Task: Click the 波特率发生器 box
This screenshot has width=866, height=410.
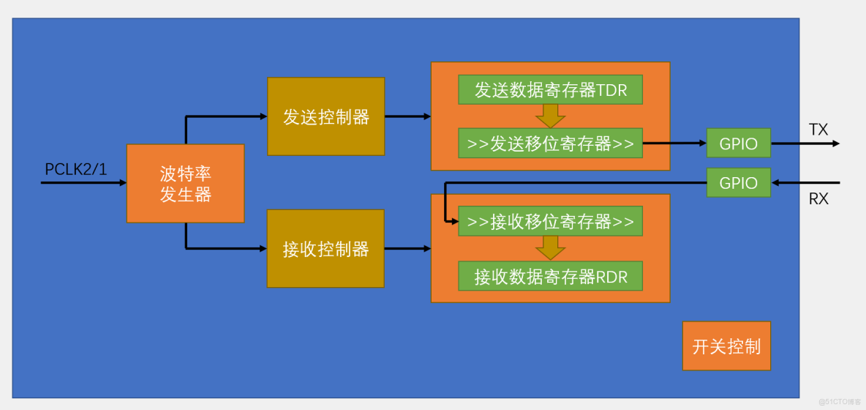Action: pyautogui.click(x=185, y=183)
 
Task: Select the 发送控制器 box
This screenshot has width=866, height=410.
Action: pyautogui.click(x=325, y=116)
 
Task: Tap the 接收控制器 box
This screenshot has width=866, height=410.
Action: pyautogui.click(x=325, y=249)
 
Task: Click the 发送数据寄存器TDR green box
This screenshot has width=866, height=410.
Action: pyautogui.click(x=550, y=90)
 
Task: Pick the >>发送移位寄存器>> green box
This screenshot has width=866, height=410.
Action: pyautogui.click(x=550, y=143)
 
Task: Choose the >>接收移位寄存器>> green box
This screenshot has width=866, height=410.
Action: pyautogui.click(x=550, y=221)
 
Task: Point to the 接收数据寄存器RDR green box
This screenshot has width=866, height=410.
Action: pyautogui.click(x=550, y=276)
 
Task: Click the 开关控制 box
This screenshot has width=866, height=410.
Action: pyautogui.click(x=726, y=346)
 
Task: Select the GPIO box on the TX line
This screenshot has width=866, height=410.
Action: pyautogui.click(x=738, y=143)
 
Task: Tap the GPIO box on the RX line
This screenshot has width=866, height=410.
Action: pyautogui.click(x=738, y=182)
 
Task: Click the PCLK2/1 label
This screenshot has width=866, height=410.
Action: pyautogui.click(x=76, y=169)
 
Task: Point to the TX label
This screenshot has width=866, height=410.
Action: pyautogui.click(x=818, y=130)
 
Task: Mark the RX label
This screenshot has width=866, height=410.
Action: pyautogui.click(x=818, y=198)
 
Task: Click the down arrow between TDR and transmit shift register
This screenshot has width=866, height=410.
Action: pyautogui.click(x=550, y=116)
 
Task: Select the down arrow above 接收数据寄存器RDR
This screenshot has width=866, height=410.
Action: pyautogui.click(x=550, y=247)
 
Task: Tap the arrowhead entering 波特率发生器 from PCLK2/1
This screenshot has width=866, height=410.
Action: pyautogui.click(x=122, y=182)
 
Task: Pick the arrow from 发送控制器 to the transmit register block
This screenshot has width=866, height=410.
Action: pyautogui.click(x=408, y=116)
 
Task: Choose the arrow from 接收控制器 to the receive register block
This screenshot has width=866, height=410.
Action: pyautogui.click(x=408, y=249)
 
